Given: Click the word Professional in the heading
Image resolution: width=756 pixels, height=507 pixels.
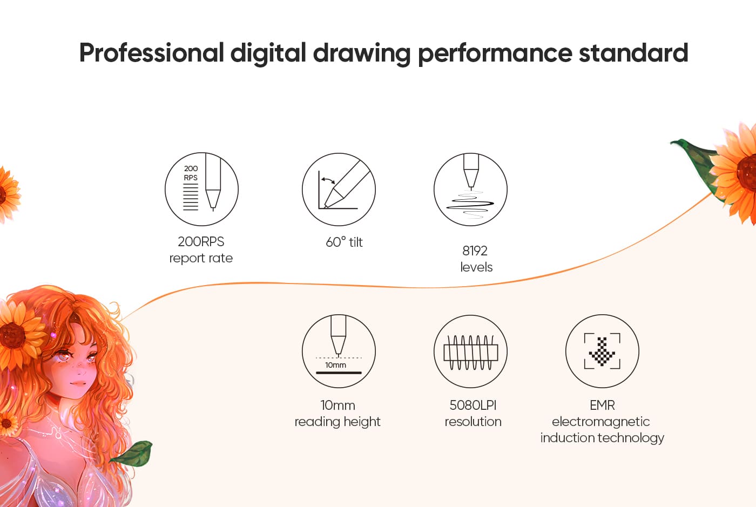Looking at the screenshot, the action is (x=152, y=53).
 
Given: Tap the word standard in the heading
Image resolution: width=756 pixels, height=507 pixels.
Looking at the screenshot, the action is (x=633, y=53).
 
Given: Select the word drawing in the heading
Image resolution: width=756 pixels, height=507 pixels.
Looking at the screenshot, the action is (x=362, y=54).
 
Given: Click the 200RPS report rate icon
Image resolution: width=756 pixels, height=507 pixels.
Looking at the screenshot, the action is (x=201, y=189).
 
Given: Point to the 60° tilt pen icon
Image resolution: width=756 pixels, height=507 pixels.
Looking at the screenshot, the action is (x=339, y=190).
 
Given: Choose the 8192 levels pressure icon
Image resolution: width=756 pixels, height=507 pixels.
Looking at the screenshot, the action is (x=470, y=190).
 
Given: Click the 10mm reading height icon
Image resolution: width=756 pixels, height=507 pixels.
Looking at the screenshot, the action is (x=339, y=351).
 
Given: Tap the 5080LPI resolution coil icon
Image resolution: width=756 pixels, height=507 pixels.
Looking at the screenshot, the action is (x=470, y=351).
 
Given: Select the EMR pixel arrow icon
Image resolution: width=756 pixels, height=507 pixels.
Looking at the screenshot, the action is (x=603, y=351).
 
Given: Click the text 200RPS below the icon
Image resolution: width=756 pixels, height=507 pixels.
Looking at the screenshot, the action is (x=201, y=242).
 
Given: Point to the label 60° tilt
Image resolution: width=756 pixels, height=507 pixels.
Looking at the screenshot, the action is (x=344, y=242).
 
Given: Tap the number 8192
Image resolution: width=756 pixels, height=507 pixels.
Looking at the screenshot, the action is (x=475, y=251).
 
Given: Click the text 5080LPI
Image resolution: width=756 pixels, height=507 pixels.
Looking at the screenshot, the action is (x=473, y=405).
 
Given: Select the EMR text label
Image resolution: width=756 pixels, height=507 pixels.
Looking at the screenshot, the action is (x=603, y=405).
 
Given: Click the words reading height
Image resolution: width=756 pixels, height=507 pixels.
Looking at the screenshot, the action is (x=337, y=422).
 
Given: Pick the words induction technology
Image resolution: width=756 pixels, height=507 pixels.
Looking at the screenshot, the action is (x=602, y=438).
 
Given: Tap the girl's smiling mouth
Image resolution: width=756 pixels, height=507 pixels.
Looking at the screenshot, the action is (x=78, y=383).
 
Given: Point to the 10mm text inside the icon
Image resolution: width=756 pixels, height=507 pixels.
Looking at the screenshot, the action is (x=335, y=365).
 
